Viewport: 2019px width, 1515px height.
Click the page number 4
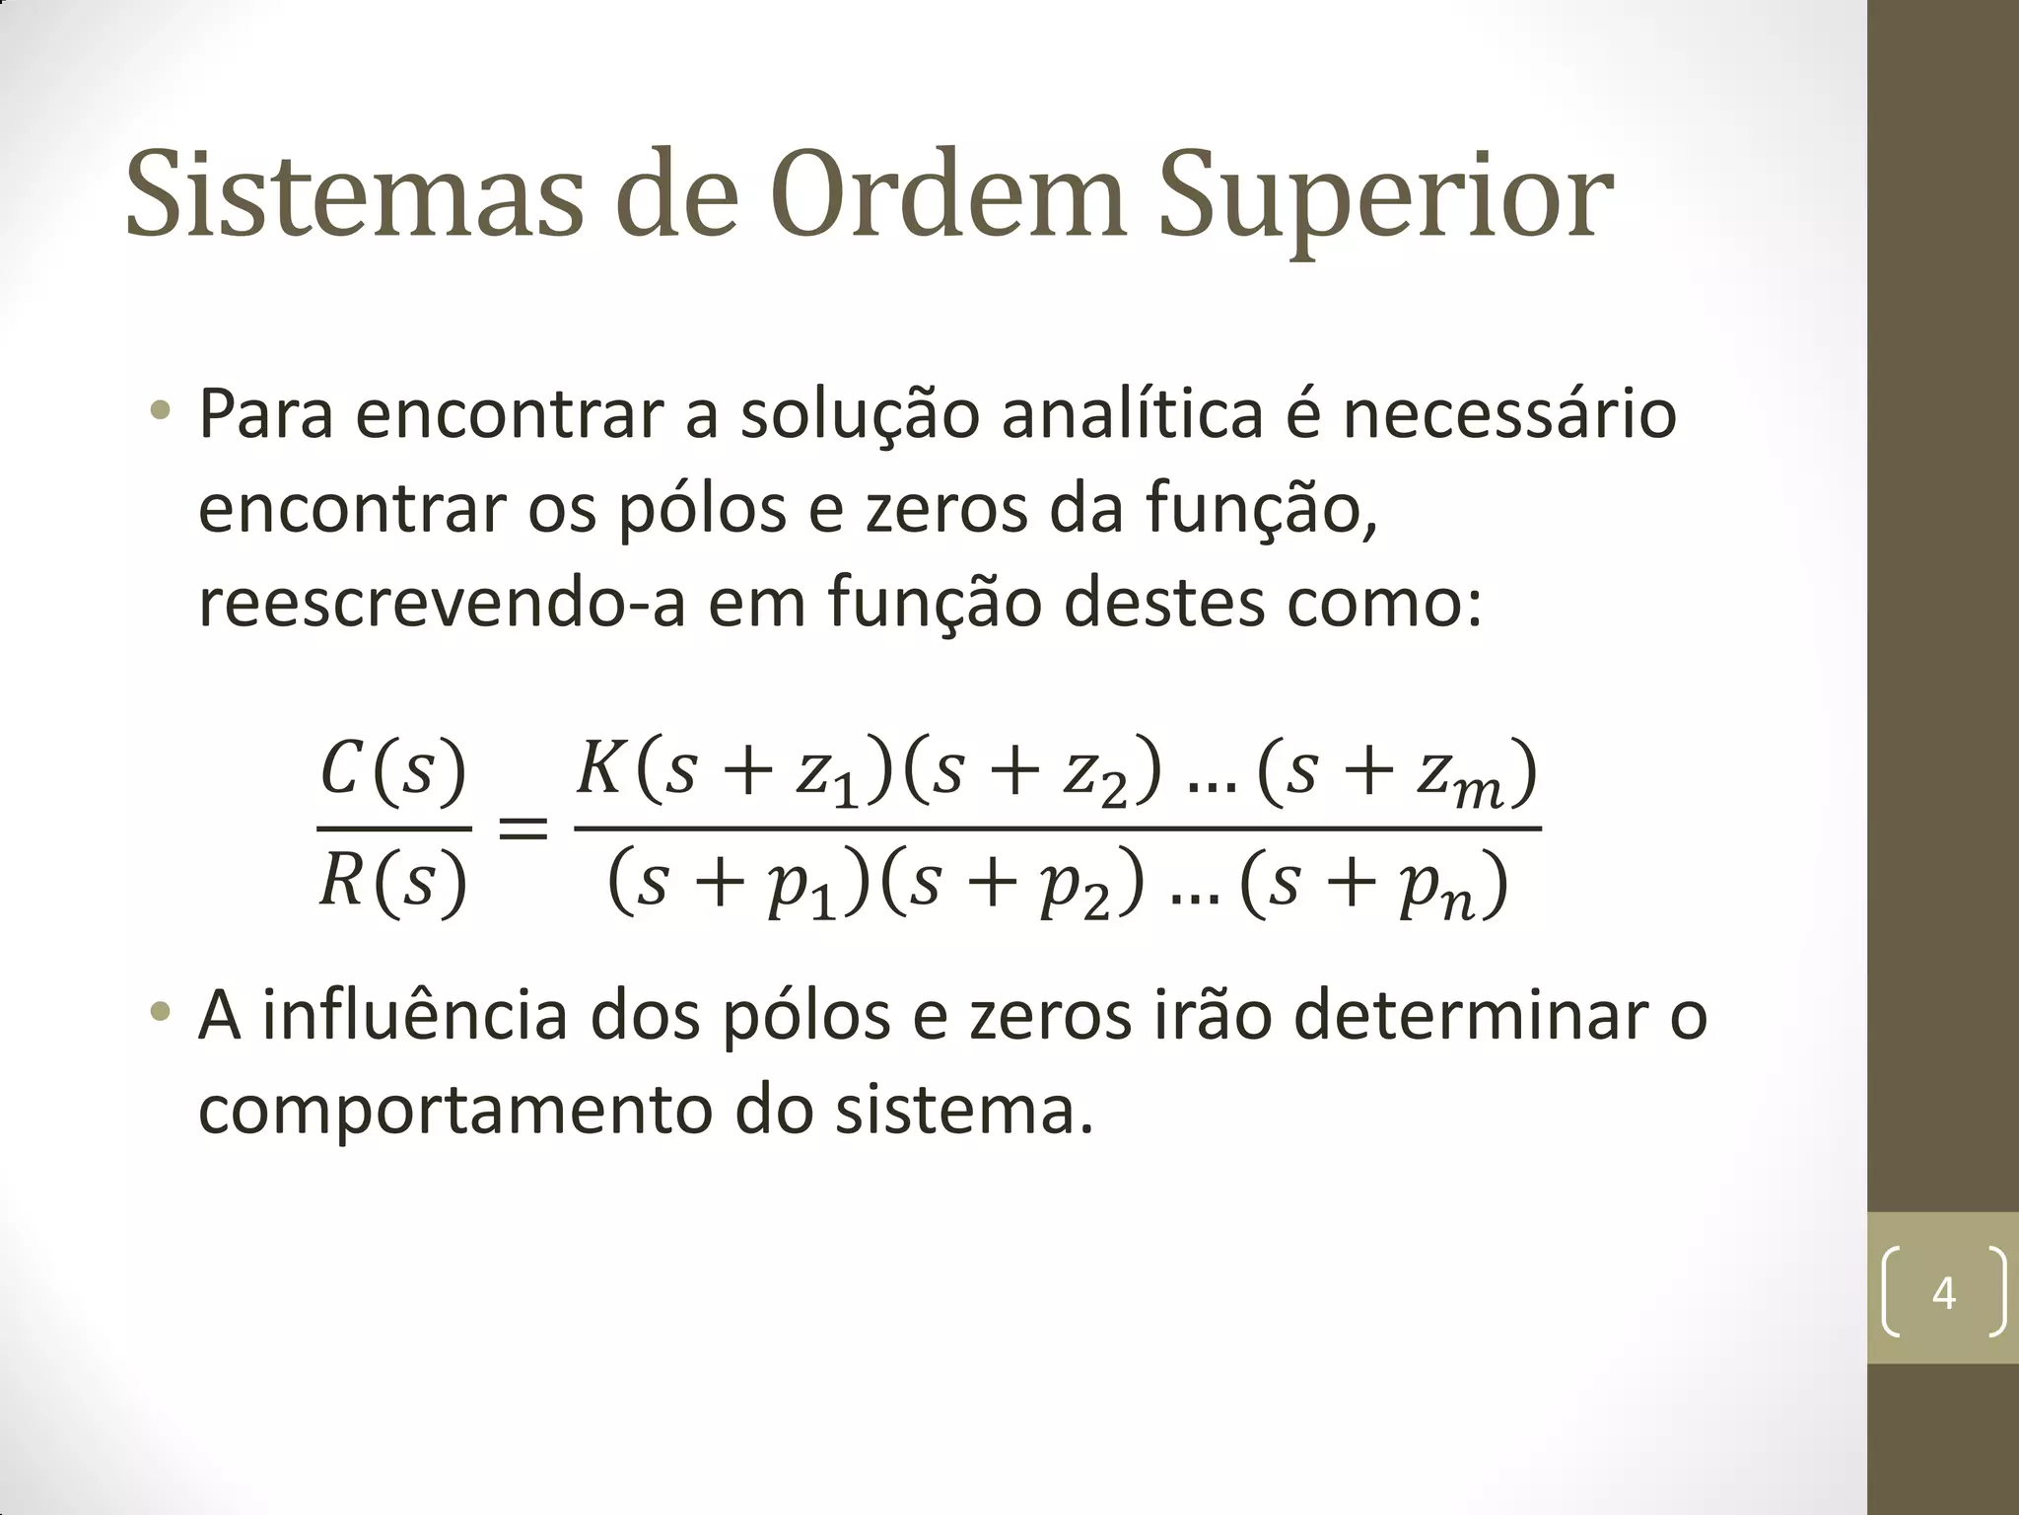click(x=1943, y=1293)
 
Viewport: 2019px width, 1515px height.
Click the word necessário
click(x=1509, y=414)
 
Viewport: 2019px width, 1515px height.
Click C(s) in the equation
click(x=392, y=769)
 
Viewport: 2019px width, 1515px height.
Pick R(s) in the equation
click(x=392, y=881)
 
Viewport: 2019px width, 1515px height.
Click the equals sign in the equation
click(x=522, y=827)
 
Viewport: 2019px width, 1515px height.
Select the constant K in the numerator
click(x=598, y=768)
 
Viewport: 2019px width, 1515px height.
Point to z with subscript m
click(x=1457, y=776)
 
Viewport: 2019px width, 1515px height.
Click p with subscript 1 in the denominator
click(x=801, y=888)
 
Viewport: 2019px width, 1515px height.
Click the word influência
click(x=414, y=1016)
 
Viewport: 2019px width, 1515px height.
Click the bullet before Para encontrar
click(x=159, y=408)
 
